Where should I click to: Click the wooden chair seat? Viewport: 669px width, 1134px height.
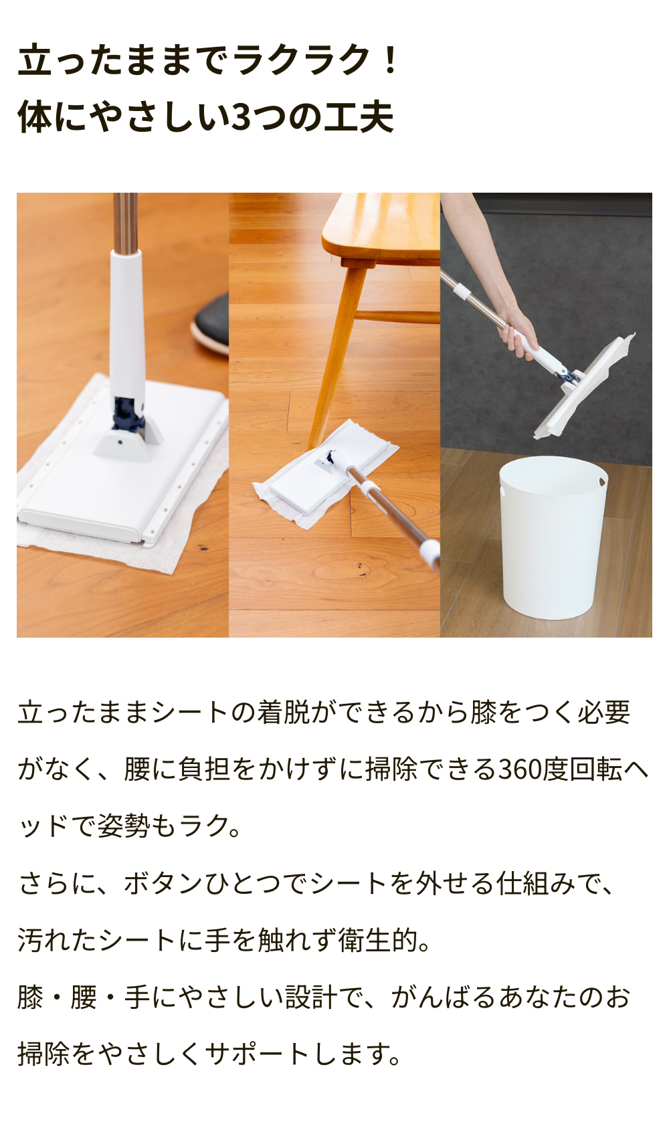(381, 227)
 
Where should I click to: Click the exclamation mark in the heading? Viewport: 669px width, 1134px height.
(390, 60)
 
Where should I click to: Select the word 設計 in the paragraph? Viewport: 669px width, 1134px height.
(311, 998)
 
